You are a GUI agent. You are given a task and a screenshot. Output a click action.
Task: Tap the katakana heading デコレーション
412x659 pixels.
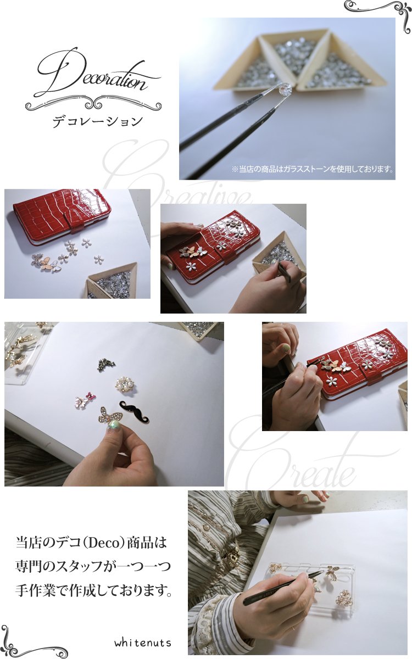point(98,121)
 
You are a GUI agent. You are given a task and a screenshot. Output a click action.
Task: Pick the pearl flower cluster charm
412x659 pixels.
point(126,384)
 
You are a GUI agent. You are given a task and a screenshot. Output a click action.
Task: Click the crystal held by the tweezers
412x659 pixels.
point(285,88)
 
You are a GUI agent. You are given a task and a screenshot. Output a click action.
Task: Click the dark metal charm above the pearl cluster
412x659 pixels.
point(106,365)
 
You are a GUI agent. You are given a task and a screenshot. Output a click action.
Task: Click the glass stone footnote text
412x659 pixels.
point(313,169)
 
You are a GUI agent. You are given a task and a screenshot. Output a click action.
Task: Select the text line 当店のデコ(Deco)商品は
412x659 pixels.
point(91,543)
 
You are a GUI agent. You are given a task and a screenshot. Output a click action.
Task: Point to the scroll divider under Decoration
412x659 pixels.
point(93,104)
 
